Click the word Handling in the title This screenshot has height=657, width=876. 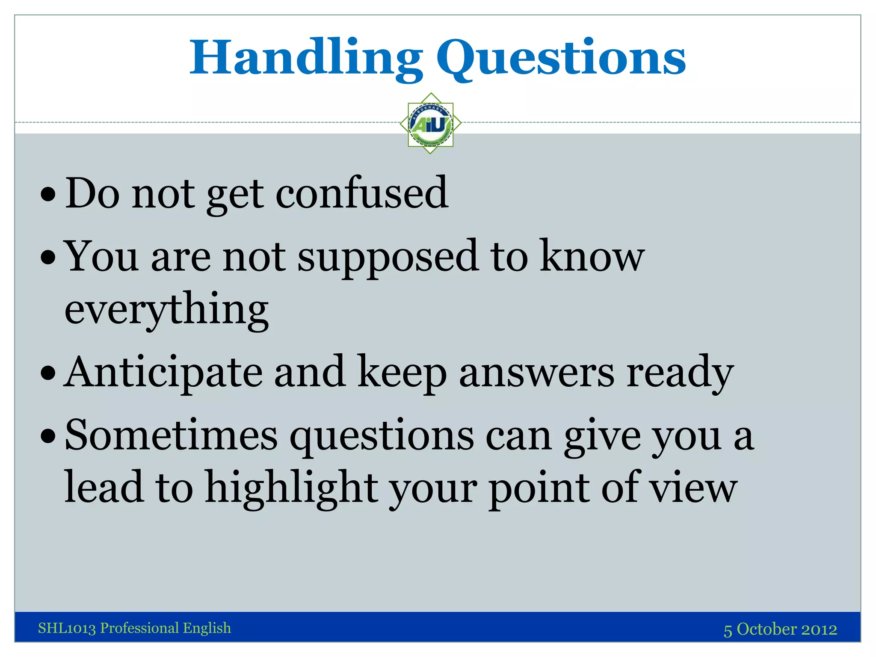tap(306, 58)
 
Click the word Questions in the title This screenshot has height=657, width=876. tap(561, 58)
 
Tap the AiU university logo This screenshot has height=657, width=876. tap(431, 124)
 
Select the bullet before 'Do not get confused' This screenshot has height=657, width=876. tap(48, 195)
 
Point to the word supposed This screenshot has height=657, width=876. tap(388, 257)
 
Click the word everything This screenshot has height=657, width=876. tap(167, 309)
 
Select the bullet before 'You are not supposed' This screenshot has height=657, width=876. tap(48, 258)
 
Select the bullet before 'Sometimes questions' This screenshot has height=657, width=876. tap(48, 437)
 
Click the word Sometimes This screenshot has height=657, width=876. tap(171, 435)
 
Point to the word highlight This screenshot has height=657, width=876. tap(292, 488)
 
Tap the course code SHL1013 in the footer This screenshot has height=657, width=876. tap(67, 628)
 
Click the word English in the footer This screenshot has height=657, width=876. tap(207, 628)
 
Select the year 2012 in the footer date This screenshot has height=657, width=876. tap(819, 629)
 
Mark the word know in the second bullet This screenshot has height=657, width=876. tap(592, 257)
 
